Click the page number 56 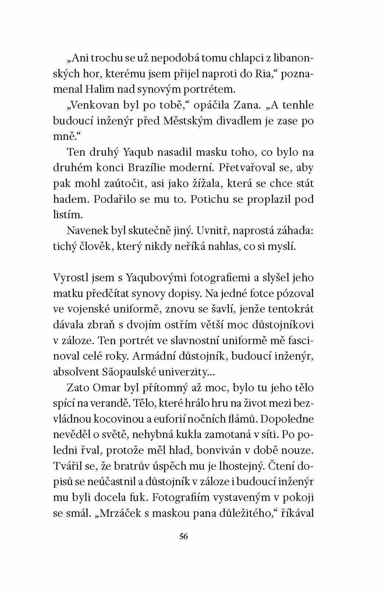coord(184,536)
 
